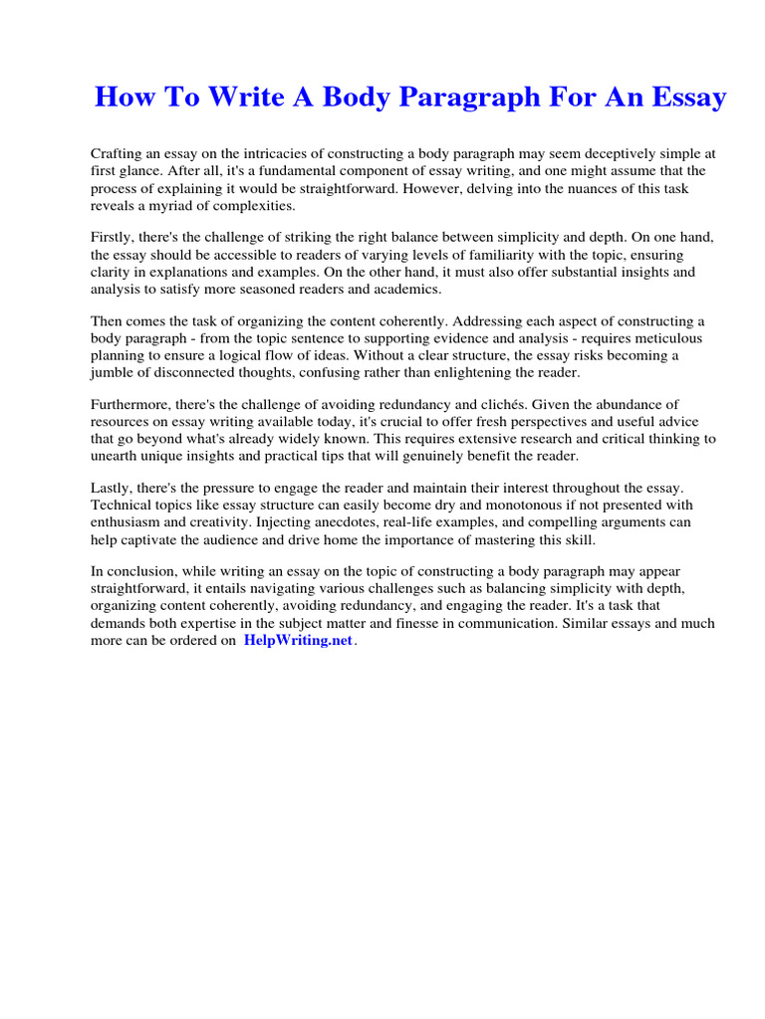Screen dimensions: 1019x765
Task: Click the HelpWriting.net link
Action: pyautogui.click(x=298, y=641)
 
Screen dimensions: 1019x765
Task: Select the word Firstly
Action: pyautogui.click(x=115, y=239)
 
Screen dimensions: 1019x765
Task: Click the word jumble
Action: pyautogui.click(x=113, y=372)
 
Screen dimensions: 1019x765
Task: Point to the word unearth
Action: pyautogui.click(x=116, y=456)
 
